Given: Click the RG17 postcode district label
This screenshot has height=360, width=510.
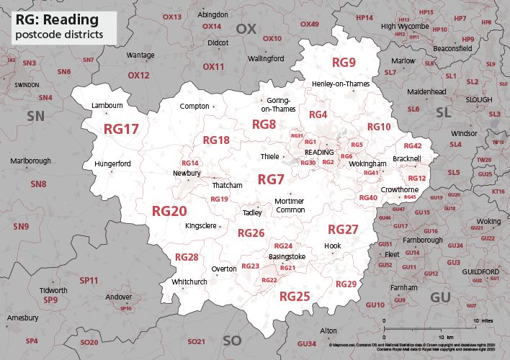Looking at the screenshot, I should tap(121, 129).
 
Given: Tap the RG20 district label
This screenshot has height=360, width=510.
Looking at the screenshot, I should tap(169, 211).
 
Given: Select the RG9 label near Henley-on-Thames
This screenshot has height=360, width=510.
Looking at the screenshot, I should tap(344, 63).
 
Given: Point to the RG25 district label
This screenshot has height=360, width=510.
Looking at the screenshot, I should tap(295, 296).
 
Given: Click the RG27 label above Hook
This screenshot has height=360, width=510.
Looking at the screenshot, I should tap(343, 230).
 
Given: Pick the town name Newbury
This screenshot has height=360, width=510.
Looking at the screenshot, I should tap(187, 174).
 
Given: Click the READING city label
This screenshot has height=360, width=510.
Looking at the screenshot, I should tap(319, 153).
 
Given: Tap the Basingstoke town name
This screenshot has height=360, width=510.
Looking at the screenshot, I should tap(287, 256).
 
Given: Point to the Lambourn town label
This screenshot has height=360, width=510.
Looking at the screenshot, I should tap(108, 106).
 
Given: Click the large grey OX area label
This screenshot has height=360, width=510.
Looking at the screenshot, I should tap(246, 29).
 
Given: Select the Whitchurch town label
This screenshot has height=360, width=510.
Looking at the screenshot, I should tap(189, 282).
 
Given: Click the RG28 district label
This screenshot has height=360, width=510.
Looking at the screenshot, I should tap(187, 257).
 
